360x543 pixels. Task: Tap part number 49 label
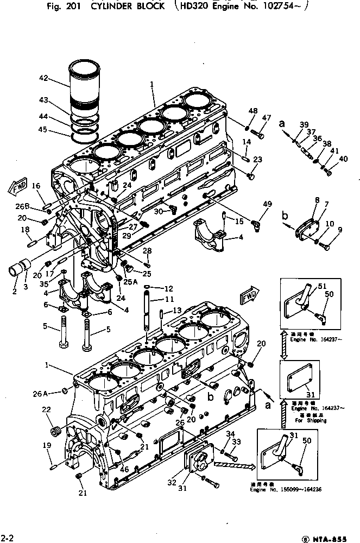[267, 204]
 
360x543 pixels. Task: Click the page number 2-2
[7, 536]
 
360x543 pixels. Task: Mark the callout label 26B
[22, 206]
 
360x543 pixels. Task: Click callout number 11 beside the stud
[170, 299]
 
